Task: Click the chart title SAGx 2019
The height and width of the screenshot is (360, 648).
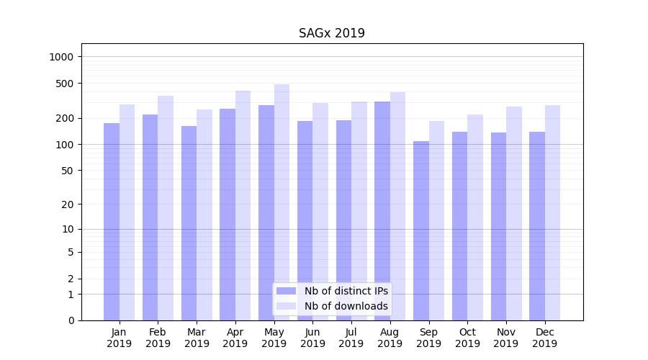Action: point(332,33)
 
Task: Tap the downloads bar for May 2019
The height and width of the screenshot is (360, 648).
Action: point(282,202)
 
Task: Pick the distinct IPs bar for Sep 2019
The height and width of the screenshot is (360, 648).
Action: point(421,230)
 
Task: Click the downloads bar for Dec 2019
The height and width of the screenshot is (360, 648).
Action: point(552,212)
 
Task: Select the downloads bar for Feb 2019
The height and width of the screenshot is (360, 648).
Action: point(166,208)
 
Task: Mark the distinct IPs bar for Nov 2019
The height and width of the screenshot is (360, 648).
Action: point(498,226)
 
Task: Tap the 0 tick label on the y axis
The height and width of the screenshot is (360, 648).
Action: point(71,320)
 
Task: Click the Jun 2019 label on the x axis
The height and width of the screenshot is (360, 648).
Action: point(312,338)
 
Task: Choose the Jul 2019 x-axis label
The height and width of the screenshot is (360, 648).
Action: point(351,338)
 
